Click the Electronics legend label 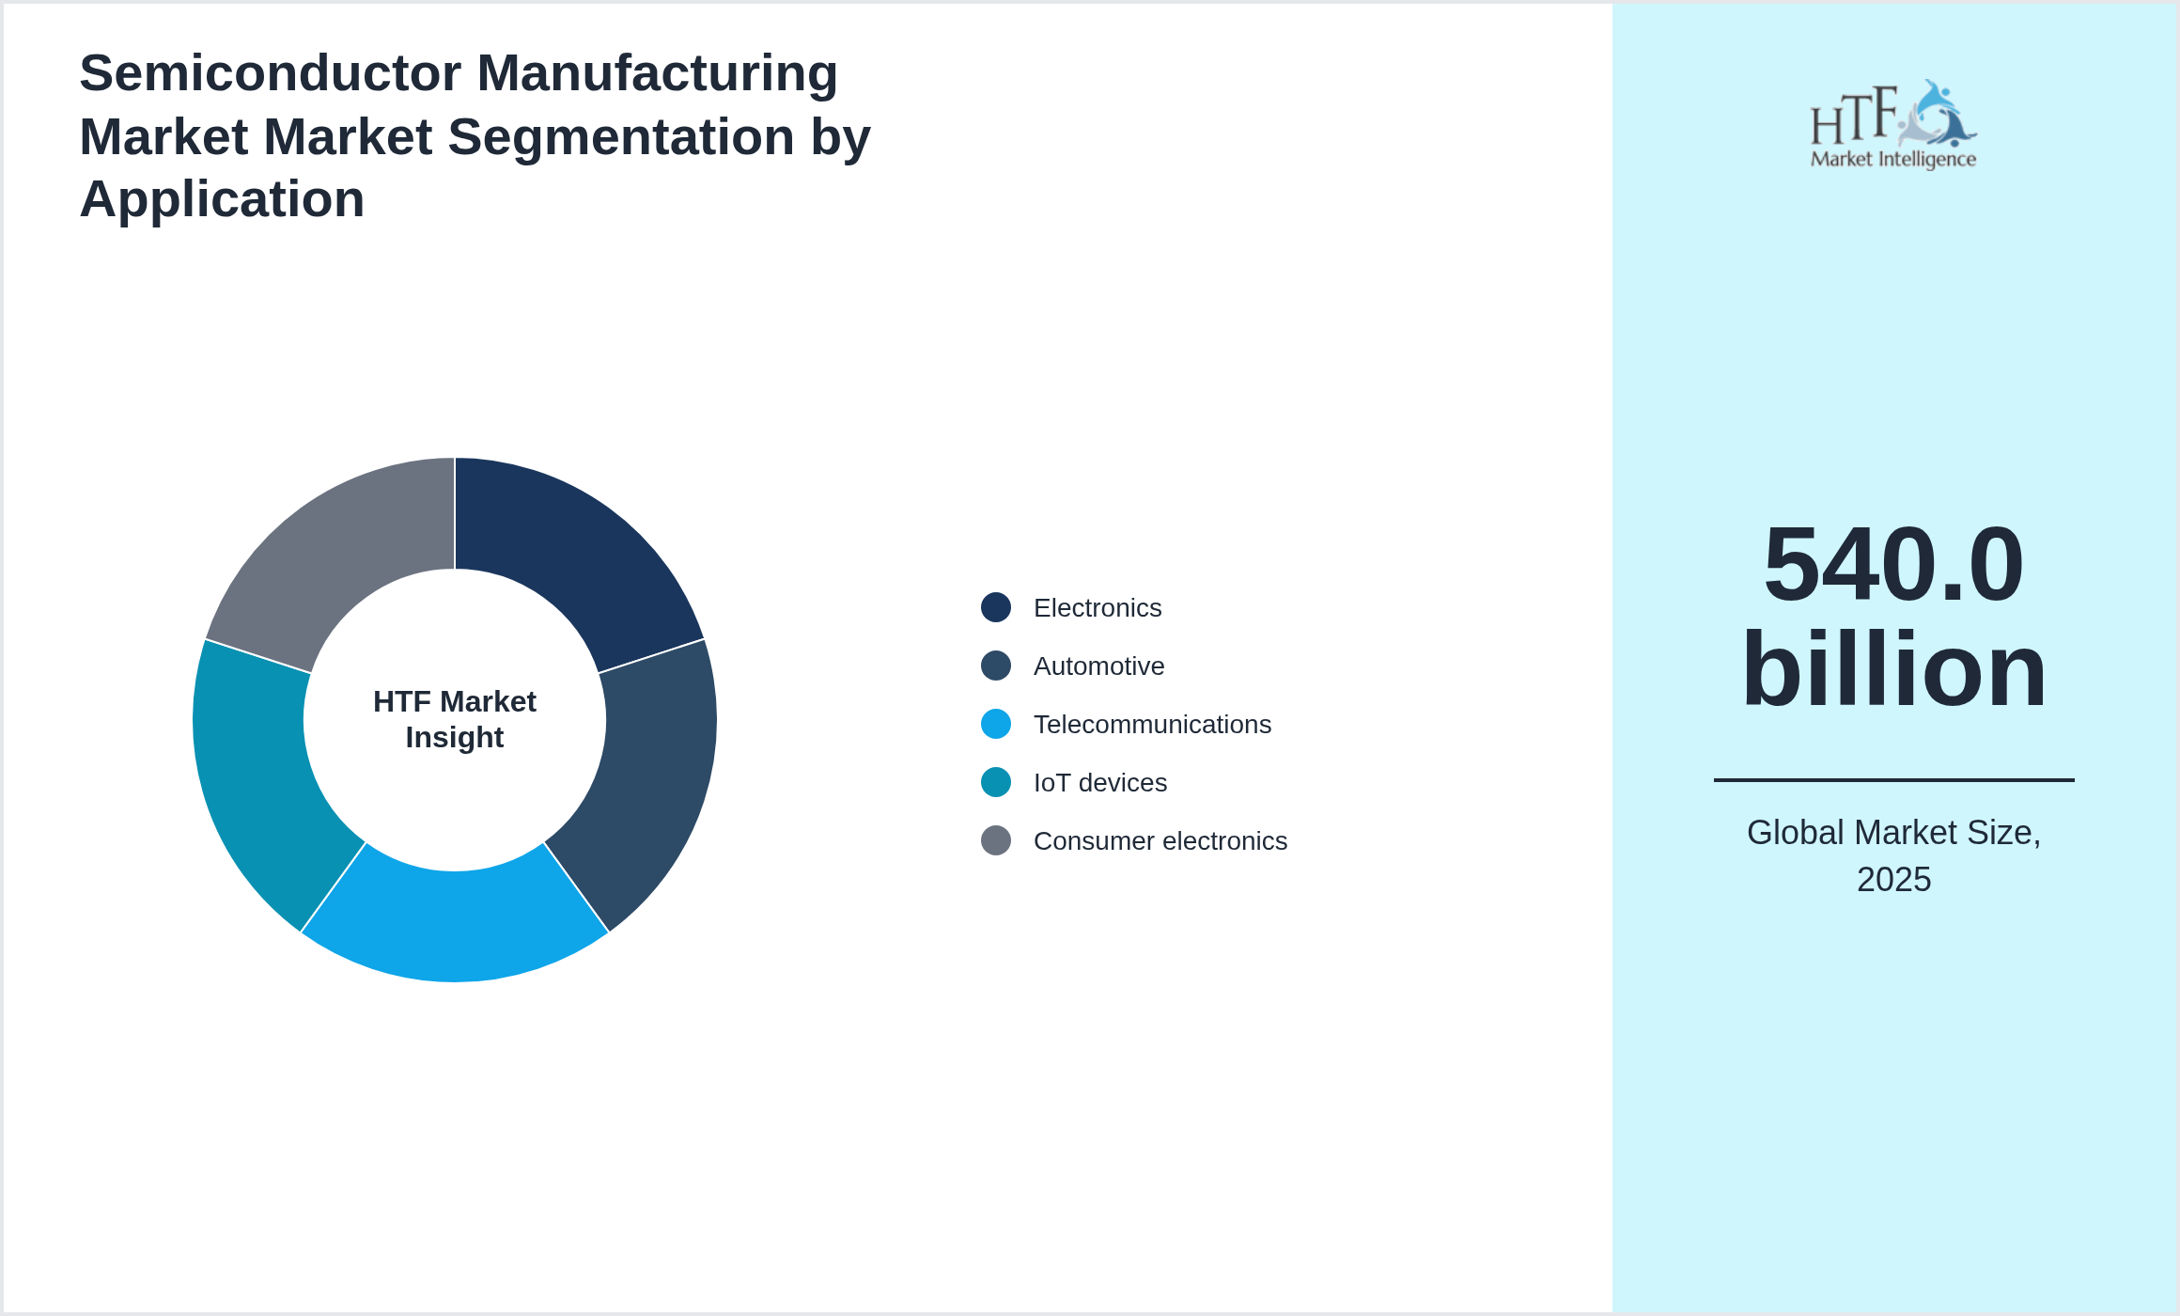click(x=1098, y=608)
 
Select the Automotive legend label click(x=1098, y=666)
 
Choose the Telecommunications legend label click(x=1152, y=725)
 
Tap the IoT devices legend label click(x=1099, y=783)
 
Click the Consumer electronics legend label click(x=1160, y=841)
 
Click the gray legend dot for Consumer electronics click(x=996, y=840)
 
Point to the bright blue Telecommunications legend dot click(x=996, y=724)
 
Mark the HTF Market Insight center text click(x=455, y=720)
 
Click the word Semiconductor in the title click(x=272, y=73)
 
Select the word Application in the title click(x=222, y=199)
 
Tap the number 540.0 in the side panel click(x=1893, y=564)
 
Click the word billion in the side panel click(x=1893, y=669)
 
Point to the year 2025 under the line click(x=1893, y=880)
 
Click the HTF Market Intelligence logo click(x=1893, y=124)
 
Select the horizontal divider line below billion click(x=1893, y=780)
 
